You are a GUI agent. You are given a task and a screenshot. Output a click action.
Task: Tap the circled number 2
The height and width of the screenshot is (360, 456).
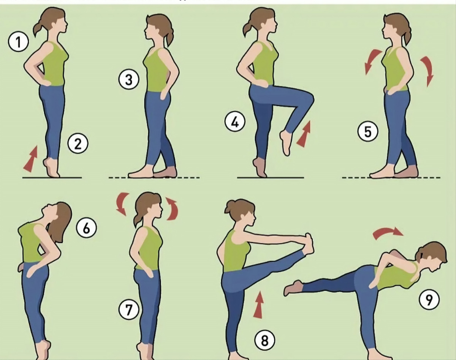click(x=78, y=144)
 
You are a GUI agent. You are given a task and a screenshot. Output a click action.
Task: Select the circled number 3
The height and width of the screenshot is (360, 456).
click(x=129, y=80)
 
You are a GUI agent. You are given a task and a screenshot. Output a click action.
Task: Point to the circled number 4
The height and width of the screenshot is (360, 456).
click(x=235, y=122)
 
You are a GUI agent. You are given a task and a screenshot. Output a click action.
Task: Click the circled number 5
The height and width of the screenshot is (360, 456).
click(x=367, y=131)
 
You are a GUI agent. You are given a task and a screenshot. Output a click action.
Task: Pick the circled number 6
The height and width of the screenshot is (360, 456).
click(x=86, y=228)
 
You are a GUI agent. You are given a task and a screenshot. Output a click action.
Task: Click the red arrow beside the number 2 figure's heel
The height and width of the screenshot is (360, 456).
click(x=31, y=159)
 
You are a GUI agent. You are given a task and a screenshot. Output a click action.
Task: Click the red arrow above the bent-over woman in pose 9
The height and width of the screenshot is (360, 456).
click(x=387, y=233)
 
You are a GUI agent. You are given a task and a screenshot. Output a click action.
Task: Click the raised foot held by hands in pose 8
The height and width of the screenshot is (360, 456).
click(x=308, y=245)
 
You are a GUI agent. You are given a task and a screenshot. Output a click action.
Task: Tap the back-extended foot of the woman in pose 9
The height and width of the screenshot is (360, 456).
click(x=293, y=288)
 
